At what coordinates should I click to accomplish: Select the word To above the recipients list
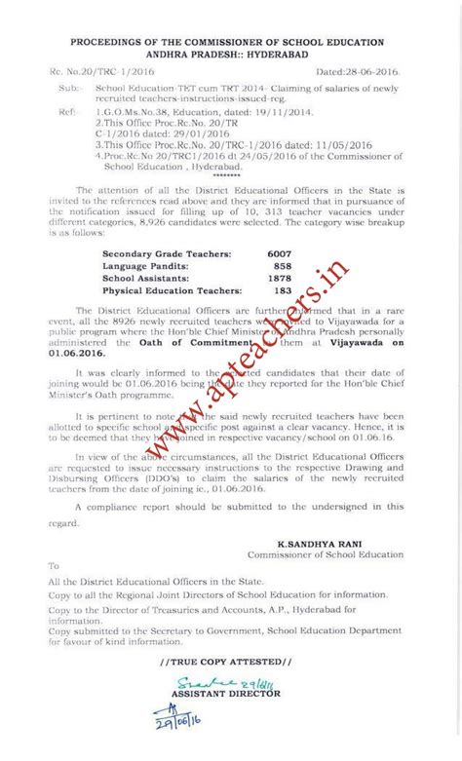(x=55, y=565)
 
